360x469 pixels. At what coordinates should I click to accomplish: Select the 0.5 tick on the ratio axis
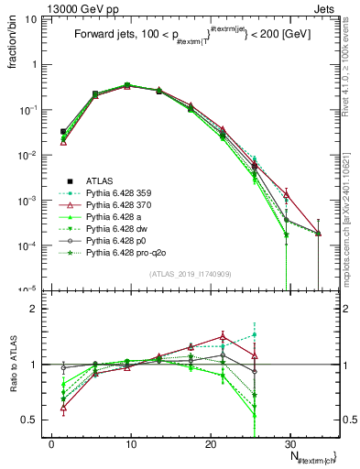click(x=32, y=420)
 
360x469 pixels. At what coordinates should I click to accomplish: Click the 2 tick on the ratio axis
click(x=37, y=309)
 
